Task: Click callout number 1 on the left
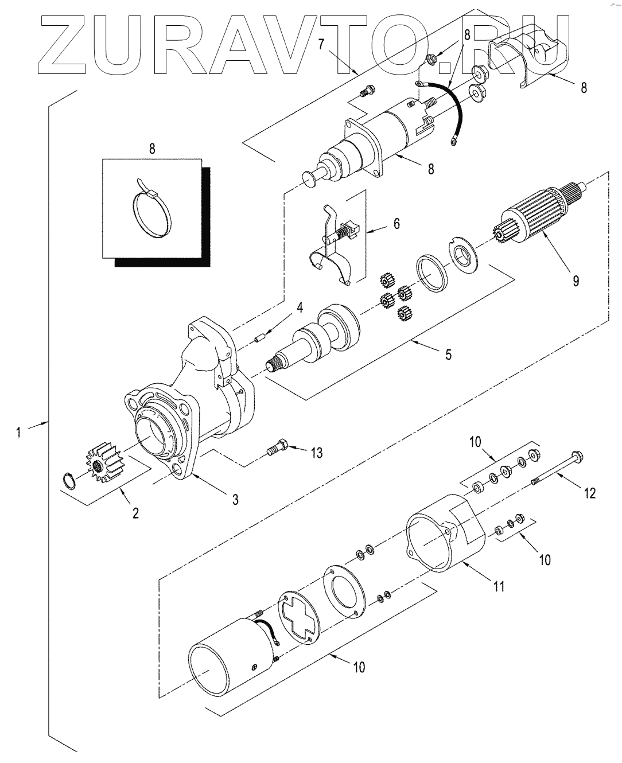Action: (18, 432)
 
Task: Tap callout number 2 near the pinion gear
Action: (135, 513)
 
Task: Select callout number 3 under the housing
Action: (235, 499)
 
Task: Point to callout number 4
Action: (300, 307)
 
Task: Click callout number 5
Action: (449, 354)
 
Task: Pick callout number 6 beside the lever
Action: (396, 224)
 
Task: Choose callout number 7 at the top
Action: (321, 44)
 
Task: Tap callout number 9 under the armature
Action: (576, 281)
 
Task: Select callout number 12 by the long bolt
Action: (590, 493)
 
